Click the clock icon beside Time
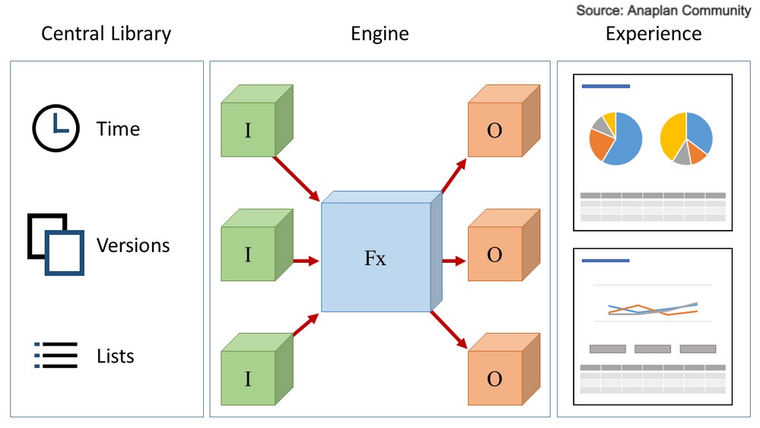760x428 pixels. click(x=56, y=128)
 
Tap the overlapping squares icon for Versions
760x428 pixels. click(x=56, y=244)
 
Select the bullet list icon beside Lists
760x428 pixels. click(x=56, y=355)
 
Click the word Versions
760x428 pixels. click(x=133, y=245)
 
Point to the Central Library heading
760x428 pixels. click(x=106, y=34)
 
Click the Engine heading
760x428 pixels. click(x=380, y=34)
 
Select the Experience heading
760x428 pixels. click(x=653, y=34)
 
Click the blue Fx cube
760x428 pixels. click(x=376, y=257)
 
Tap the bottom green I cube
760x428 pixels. click(x=248, y=377)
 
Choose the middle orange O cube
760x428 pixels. click(x=494, y=254)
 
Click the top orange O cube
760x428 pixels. click(x=494, y=130)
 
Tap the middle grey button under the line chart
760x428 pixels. click(x=653, y=349)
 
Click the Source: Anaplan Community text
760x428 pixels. click(x=663, y=11)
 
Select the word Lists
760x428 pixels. click(x=116, y=356)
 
